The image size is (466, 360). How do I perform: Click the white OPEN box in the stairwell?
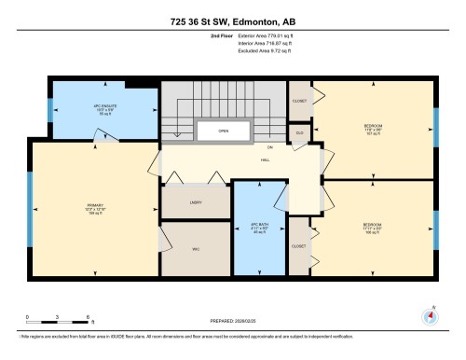[224, 132]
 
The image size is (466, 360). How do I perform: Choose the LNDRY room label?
[196, 201]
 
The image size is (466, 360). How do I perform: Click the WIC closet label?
[196, 249]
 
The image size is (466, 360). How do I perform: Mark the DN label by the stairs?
[269, 147]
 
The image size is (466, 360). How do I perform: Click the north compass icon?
[430, 314]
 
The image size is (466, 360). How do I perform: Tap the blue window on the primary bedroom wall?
[31, 200]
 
